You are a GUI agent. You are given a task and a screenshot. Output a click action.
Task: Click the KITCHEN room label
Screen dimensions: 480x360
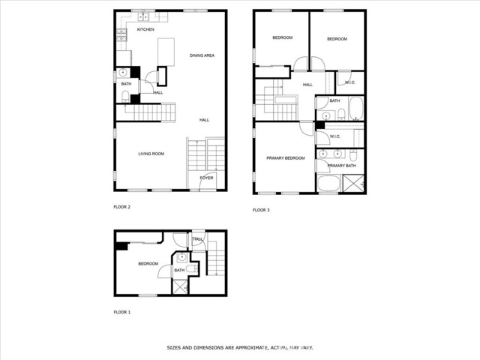[145, 29]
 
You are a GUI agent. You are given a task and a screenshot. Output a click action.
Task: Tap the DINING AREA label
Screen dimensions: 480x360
[202, 55]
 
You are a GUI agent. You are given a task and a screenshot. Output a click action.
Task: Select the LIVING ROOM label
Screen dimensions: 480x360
[151, 154]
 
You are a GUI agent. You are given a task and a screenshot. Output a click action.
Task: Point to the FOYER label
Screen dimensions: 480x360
[207, 178]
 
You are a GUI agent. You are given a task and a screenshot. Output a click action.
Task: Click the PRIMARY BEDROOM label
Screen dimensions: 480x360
[286, 158]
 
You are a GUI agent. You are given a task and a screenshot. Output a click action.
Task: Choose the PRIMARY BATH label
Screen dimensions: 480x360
[342, 166]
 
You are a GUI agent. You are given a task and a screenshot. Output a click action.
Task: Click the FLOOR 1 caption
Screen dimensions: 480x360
[122, 312]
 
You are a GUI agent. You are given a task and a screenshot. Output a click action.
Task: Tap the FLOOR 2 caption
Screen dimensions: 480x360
[122, 207]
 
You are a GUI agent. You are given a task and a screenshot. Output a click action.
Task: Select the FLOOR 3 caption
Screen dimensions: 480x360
[261, 210]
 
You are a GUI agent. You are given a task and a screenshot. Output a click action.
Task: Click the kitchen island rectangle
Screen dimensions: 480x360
[166, 52]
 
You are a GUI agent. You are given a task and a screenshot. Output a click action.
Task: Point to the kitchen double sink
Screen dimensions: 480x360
[143, 17]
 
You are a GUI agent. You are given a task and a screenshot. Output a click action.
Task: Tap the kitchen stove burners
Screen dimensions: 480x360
[121, 35]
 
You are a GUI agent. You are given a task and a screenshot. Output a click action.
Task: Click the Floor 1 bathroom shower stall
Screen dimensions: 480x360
[181, 287]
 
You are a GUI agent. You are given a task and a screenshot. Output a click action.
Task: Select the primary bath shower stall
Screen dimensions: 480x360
[353, 183]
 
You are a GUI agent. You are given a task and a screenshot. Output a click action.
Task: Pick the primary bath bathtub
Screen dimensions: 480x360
[329, 183]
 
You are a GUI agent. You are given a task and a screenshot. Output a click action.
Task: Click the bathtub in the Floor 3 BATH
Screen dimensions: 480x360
[356, 108]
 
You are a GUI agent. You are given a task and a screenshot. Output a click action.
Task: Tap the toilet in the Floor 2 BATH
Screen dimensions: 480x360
[125, 97]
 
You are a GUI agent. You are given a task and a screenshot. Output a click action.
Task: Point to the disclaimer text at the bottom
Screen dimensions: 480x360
[240, 348]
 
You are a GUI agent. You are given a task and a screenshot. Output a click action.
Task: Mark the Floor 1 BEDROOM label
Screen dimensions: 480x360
[148, 263]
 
